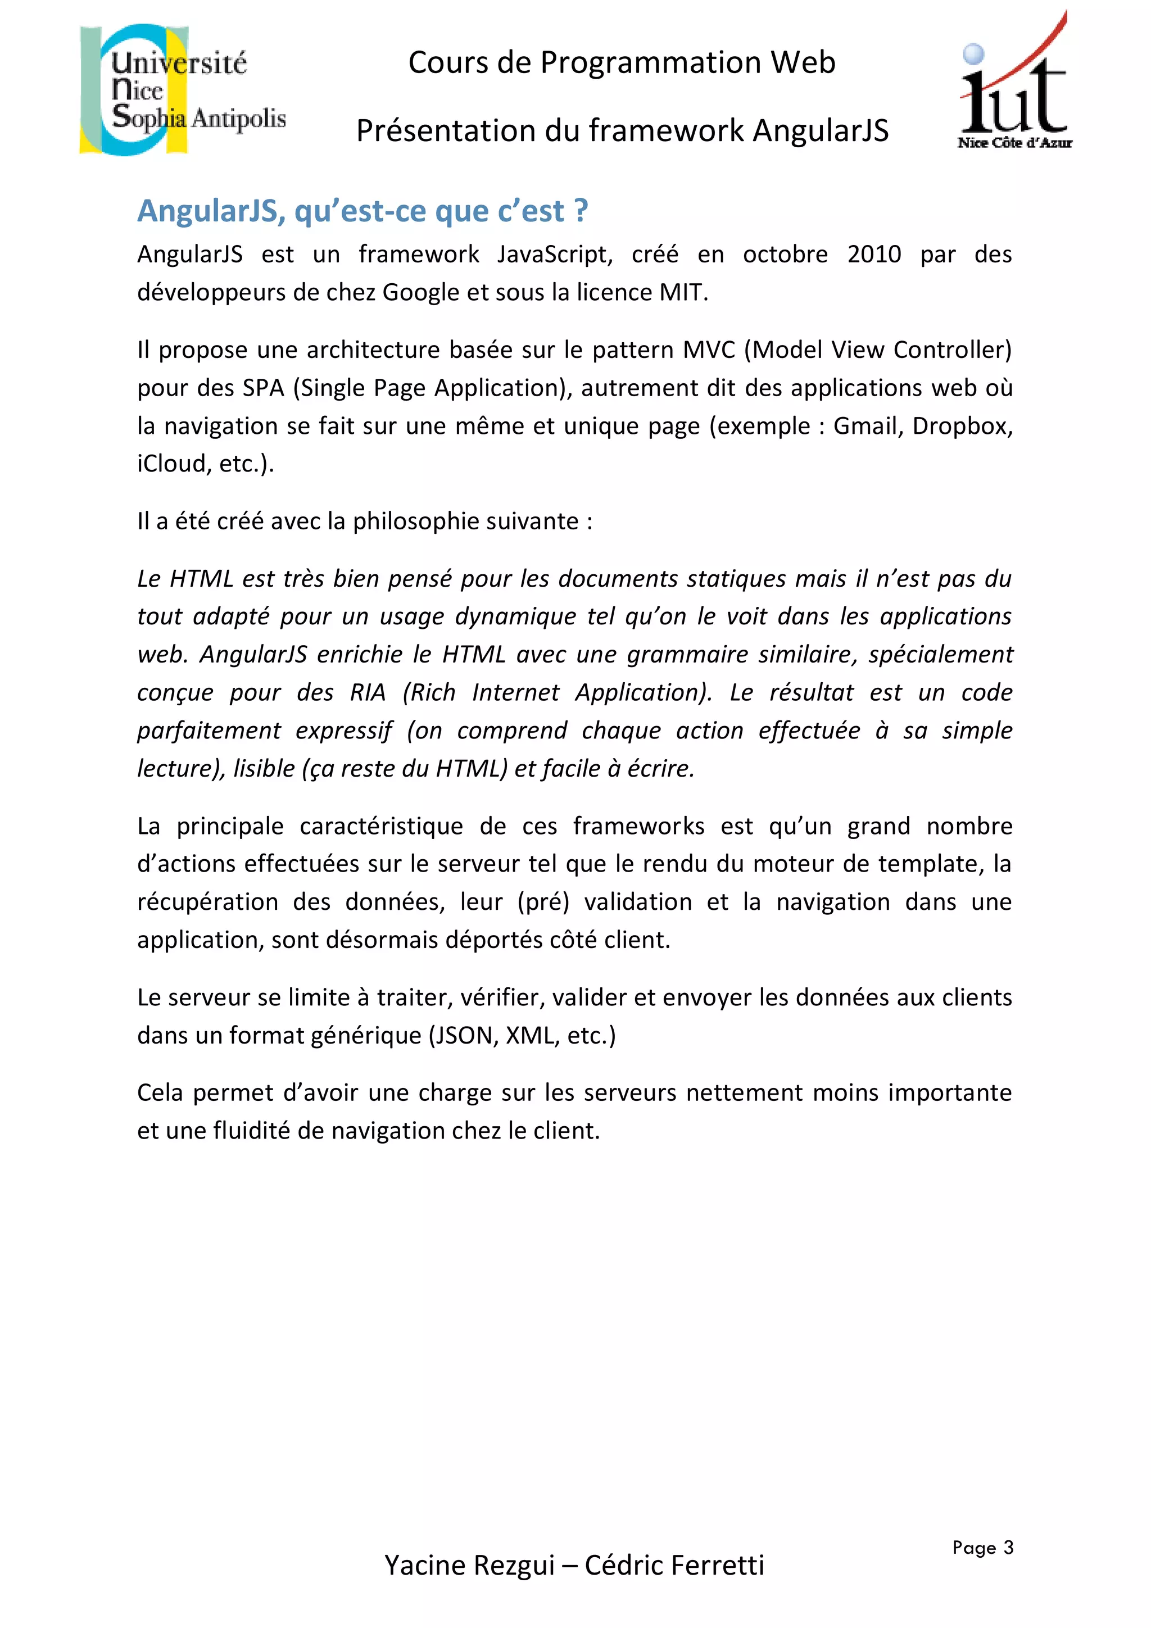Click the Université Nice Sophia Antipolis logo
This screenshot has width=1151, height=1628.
[x=182, y=90]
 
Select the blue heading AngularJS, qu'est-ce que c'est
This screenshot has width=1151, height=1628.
[x=362, y=211]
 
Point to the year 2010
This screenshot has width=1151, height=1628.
[x=874, y=254]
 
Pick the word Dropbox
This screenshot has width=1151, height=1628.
[x=962, y=425]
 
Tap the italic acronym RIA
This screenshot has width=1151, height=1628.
[x=368, y=692]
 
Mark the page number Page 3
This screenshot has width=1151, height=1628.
[x=982, y=1547]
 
